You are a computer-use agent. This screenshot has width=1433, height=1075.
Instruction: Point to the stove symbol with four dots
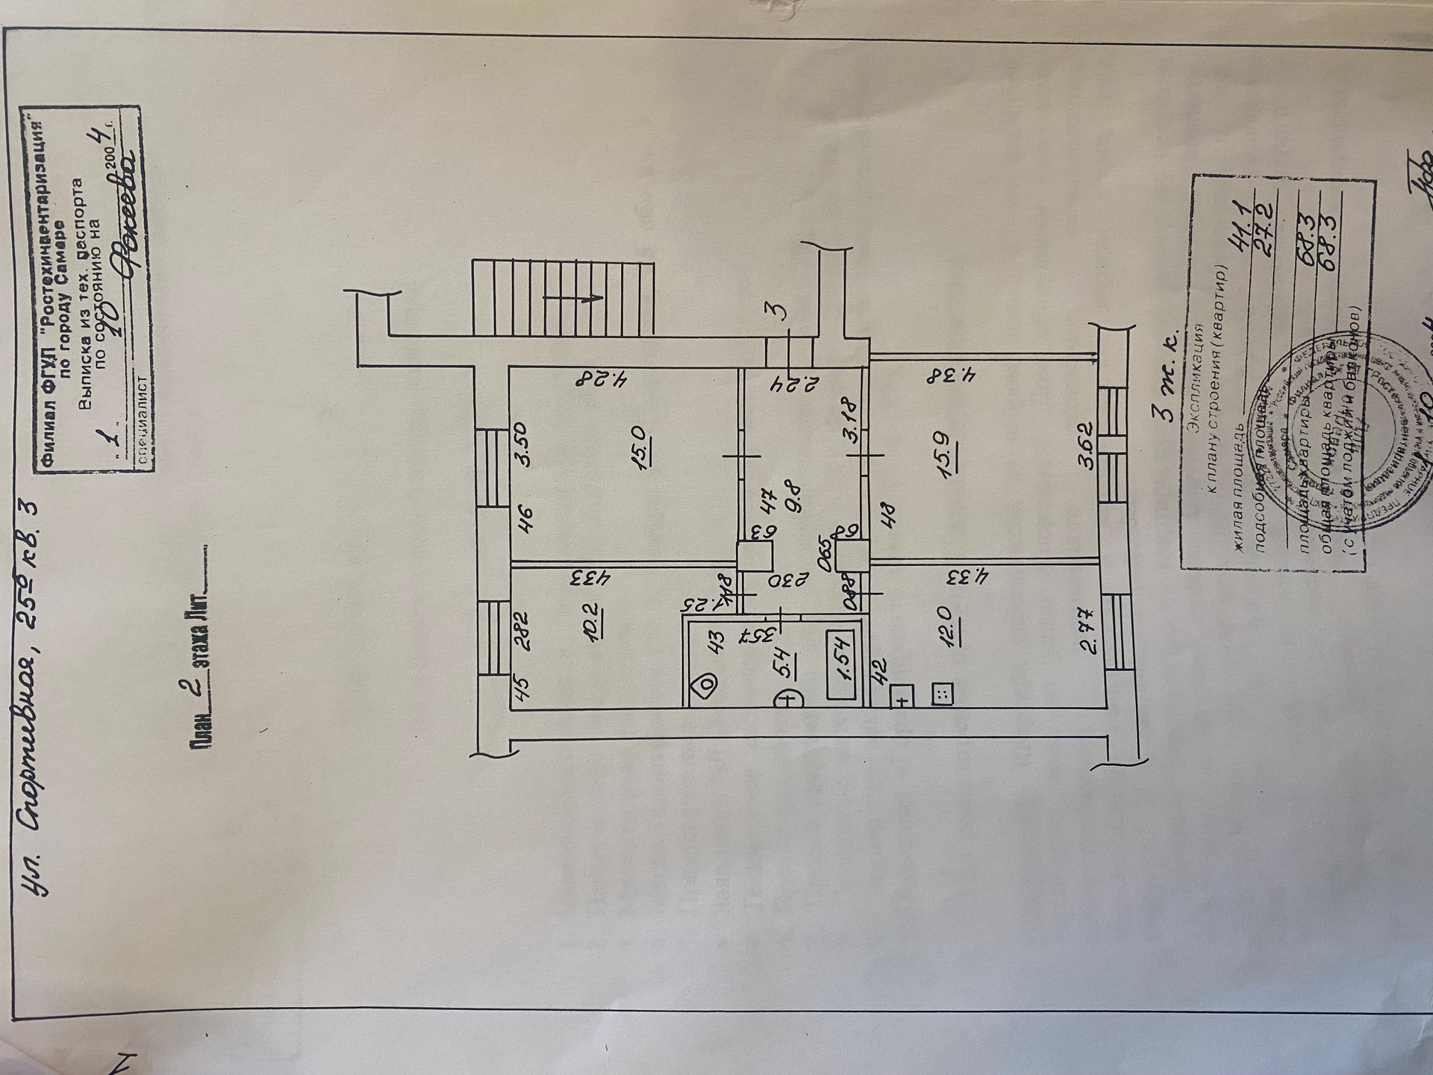[942, 694]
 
